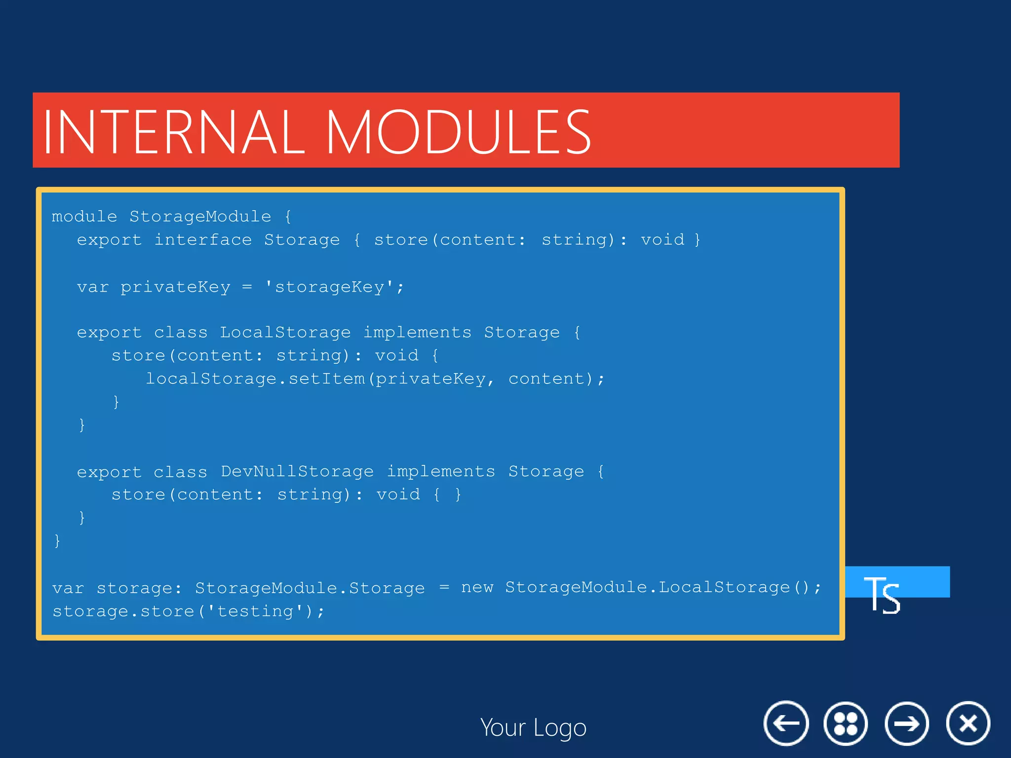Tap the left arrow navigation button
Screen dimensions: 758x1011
[x=786, y=723]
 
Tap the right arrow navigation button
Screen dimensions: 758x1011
[x=906, y=723]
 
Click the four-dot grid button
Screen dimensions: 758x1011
[x=845, y=723]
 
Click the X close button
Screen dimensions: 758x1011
[x=968, y=723]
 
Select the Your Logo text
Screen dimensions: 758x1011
[x=533, y=727]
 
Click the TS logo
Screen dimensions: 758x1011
[x=883, y=594]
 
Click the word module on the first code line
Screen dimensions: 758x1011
[x=84, y=217]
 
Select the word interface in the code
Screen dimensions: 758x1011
[x=203, y=240]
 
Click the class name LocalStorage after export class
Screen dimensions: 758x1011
[x=285, y=333]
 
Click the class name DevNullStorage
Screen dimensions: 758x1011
[x=297, y=472]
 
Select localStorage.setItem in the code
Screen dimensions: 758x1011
[x=255, y=379]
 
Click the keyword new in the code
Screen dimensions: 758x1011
[x=477, y=587]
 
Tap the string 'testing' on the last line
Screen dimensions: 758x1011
[x=255, y=611]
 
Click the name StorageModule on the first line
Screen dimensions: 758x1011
[x=200, y=217]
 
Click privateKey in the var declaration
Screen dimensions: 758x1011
[x=175, y=287]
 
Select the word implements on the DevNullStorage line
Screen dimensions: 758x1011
[x=440, y=472]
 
